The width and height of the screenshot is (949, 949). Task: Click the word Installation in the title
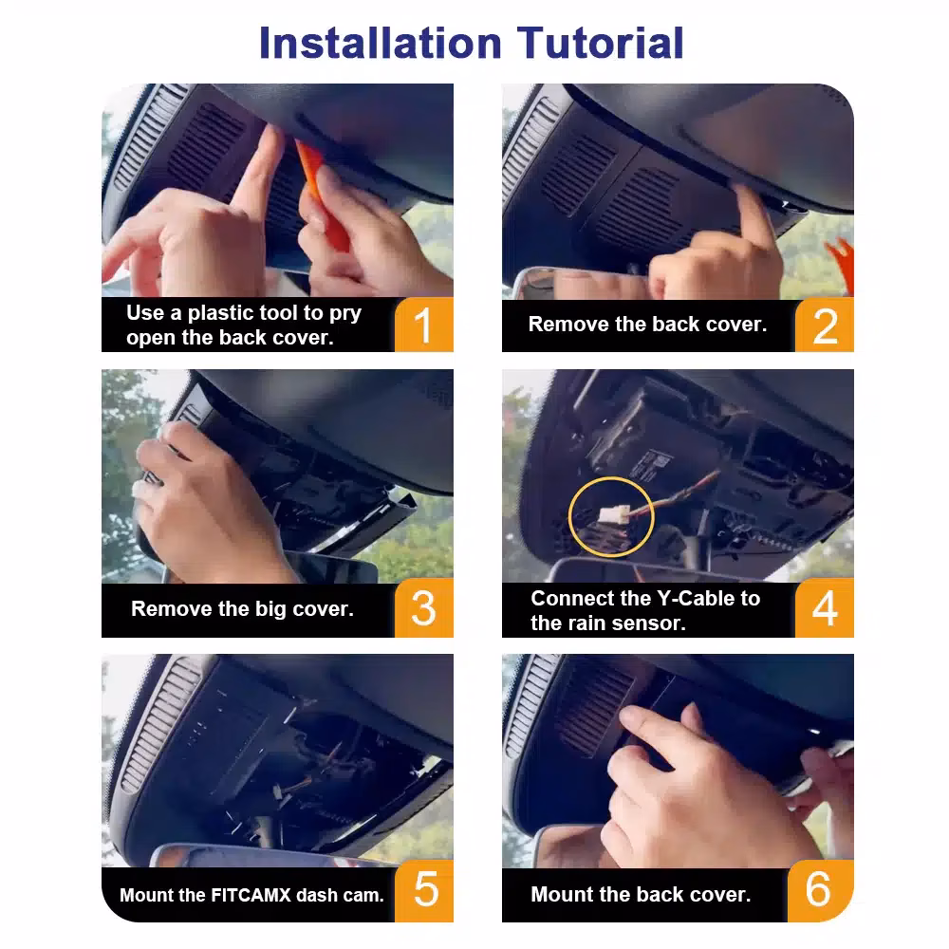(381, 44)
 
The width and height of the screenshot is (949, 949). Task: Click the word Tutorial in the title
(600, 44)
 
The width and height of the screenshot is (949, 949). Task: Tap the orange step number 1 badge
(423, 325)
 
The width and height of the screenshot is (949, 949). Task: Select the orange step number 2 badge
(825, 326)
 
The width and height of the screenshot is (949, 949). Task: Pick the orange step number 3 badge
(423, 607)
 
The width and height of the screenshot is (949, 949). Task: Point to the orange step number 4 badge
(825, 607)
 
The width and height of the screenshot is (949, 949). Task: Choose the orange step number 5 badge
(423, 890)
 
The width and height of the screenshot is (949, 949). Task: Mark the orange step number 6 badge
(820, 890)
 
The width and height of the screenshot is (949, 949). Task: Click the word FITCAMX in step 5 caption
(251, 895)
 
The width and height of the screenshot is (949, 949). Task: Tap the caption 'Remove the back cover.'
(647, 325)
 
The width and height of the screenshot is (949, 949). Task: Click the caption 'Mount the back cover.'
(641, 895)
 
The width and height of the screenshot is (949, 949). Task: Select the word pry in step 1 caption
(345, 314)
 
